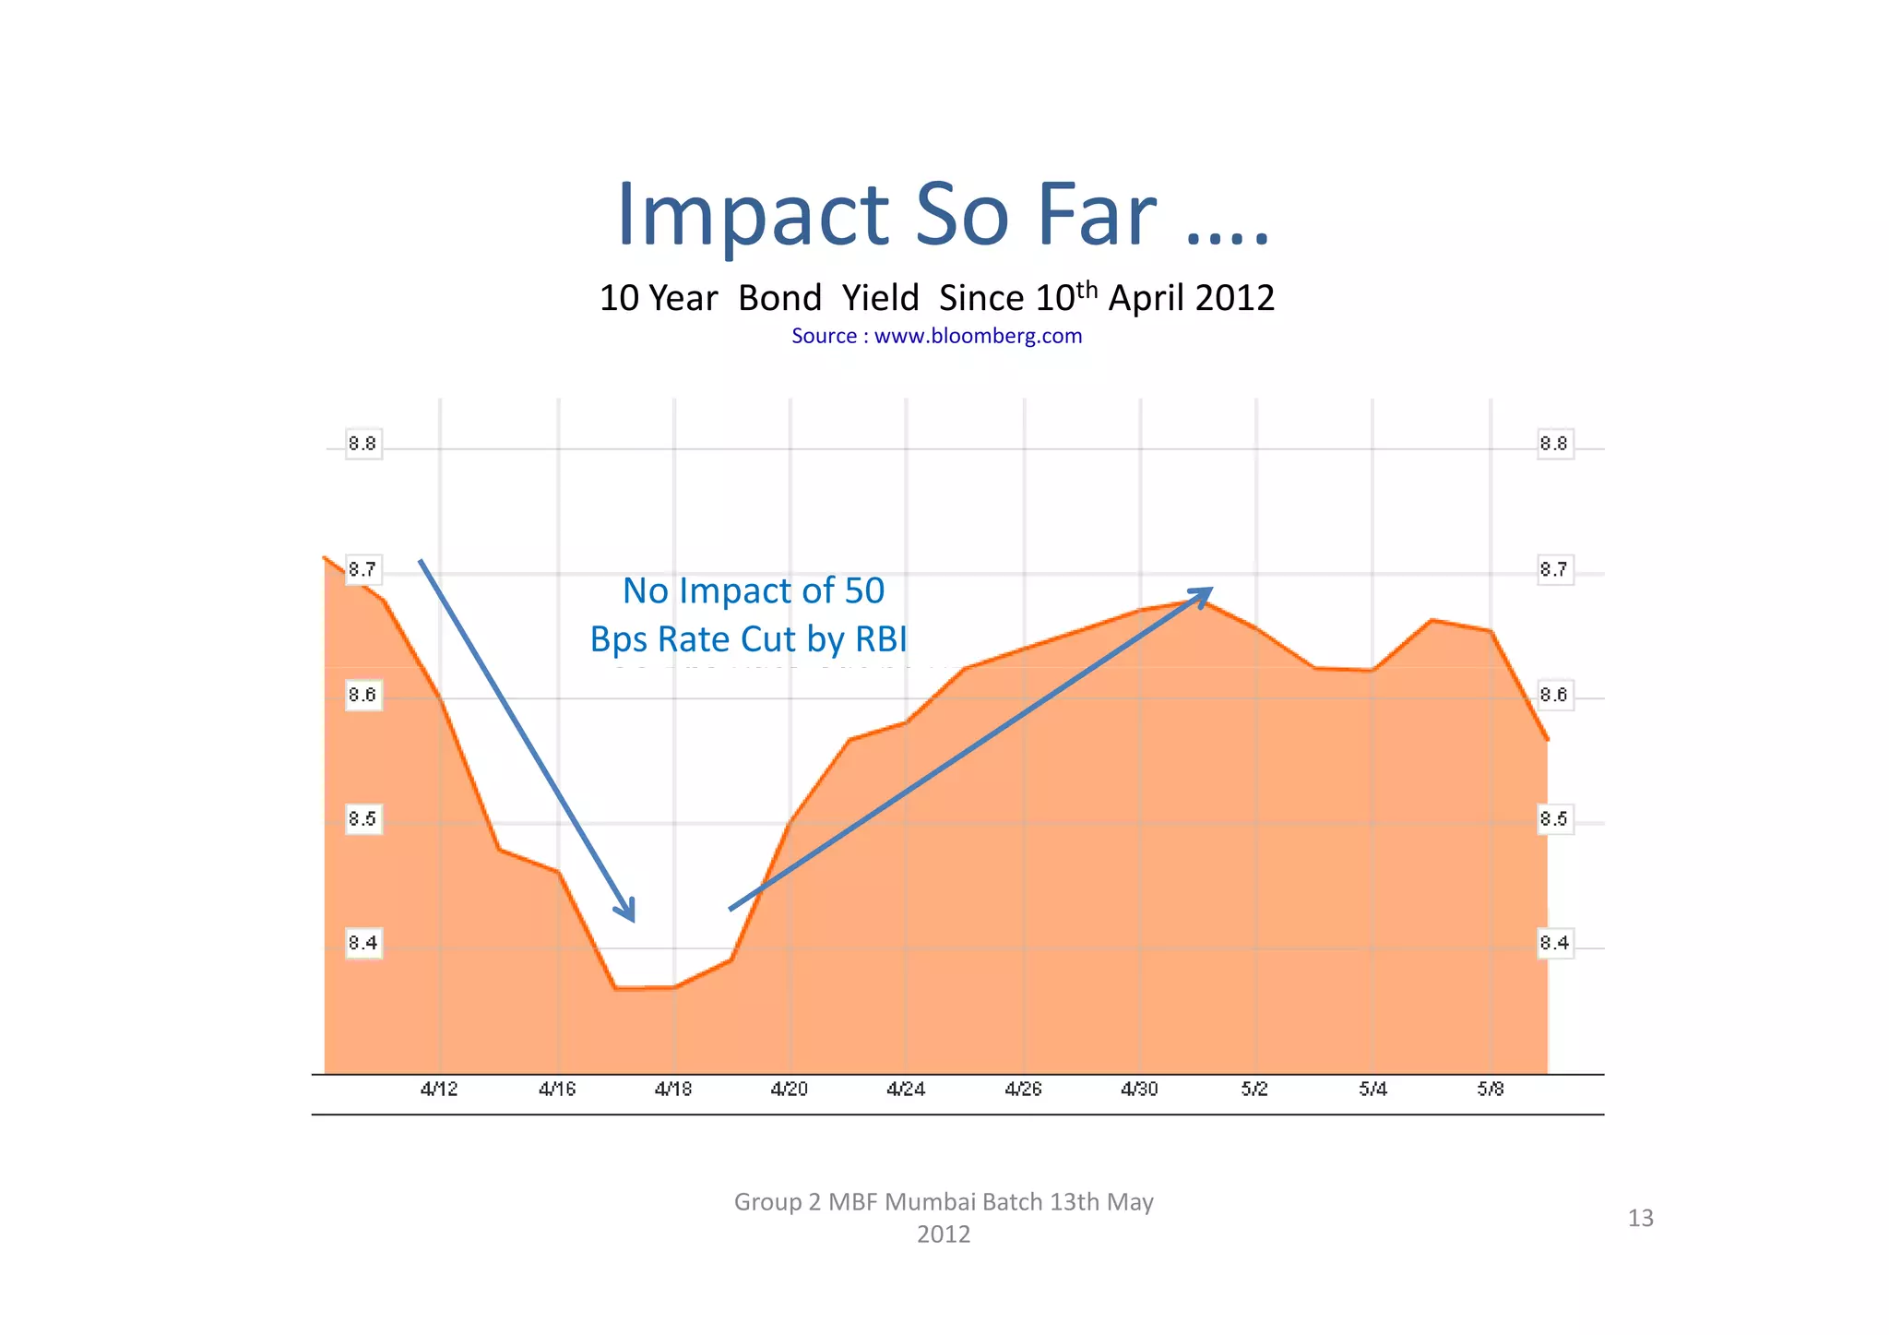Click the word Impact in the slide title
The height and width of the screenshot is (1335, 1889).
[x=752, y=216]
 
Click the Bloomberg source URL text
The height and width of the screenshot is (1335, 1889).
[x=978, y=336]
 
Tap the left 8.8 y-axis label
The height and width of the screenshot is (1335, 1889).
[x=362, y=445]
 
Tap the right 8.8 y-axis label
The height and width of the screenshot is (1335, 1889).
[x=1554, y=445]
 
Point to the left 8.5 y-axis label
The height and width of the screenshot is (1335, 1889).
[x=362, y=819]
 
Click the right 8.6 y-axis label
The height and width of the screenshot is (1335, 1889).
[x=1554, y=695]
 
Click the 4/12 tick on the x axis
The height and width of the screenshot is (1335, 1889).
[x=439, y=1090]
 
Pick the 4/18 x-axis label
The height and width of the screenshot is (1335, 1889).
[x=673, y=1090]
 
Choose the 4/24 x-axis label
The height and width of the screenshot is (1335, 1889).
[x=906, y=1090]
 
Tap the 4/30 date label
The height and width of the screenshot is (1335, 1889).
[x=1140, y=1090]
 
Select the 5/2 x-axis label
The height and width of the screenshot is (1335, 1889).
[x=1254, y=1090]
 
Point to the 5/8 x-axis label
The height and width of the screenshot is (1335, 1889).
[x=1491, y=1090]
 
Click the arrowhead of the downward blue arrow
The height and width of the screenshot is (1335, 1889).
[x=628, y=912]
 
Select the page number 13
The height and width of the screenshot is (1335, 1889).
[x=1640, y=1219]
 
